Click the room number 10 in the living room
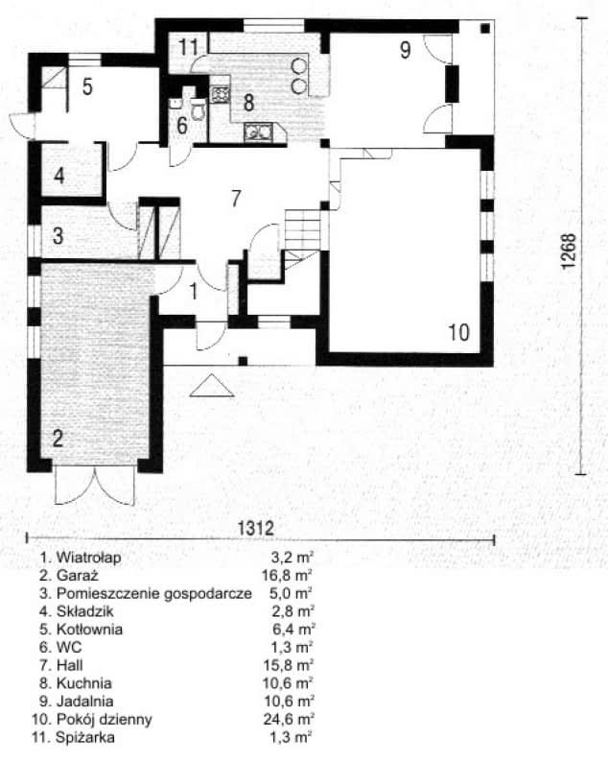[x=459, y=332]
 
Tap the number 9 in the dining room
[x=406, y=50]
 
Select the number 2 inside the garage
[x=58, y=440]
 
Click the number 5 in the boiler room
[x=86, y=87]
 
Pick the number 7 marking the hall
[x=235, y=199]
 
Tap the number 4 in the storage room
[x=59, y=176]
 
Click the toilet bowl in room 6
[x=199, y=110]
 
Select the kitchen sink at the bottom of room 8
[x=259, y=133]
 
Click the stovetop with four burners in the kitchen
[x=220, y=95]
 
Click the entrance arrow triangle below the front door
[x=210, y=386]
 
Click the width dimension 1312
[x=256, y=527]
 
